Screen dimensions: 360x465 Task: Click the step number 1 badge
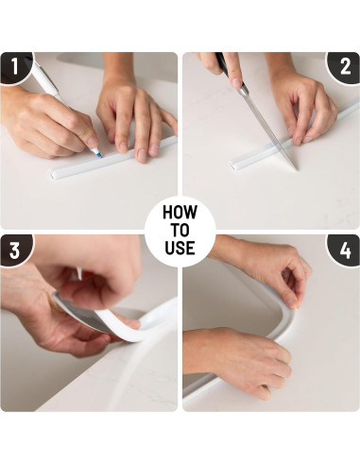coord(15,67)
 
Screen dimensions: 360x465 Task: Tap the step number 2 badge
coord(345,67)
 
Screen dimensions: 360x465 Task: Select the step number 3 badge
coord(15,250)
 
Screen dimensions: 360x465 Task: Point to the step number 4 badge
coord(345,250)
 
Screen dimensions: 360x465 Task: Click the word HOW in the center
coord(180,212)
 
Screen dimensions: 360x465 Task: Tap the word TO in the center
coord(180,230)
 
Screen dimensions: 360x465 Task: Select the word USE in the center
coord(180,248)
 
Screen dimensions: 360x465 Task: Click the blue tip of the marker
coord(98,154)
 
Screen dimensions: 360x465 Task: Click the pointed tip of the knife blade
coord(296,169)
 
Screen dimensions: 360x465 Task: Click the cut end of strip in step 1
coord(51,175)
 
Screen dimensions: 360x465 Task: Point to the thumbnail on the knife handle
coord(235,83)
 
